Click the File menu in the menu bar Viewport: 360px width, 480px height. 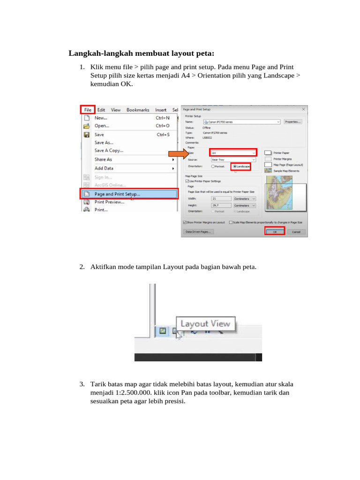point(88,110)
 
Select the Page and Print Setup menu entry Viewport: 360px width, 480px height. point(117,194)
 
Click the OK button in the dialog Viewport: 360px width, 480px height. point(275,232)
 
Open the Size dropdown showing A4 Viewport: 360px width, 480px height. point(233,153)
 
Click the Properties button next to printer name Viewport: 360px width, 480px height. point(293,121)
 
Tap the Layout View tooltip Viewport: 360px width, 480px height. point(205,323)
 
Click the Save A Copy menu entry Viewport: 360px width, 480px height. point(109,150)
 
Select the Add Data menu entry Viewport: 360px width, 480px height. point(104,168)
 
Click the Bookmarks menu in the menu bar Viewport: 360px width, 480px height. point(137,110)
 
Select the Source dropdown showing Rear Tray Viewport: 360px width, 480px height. point(233,159)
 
